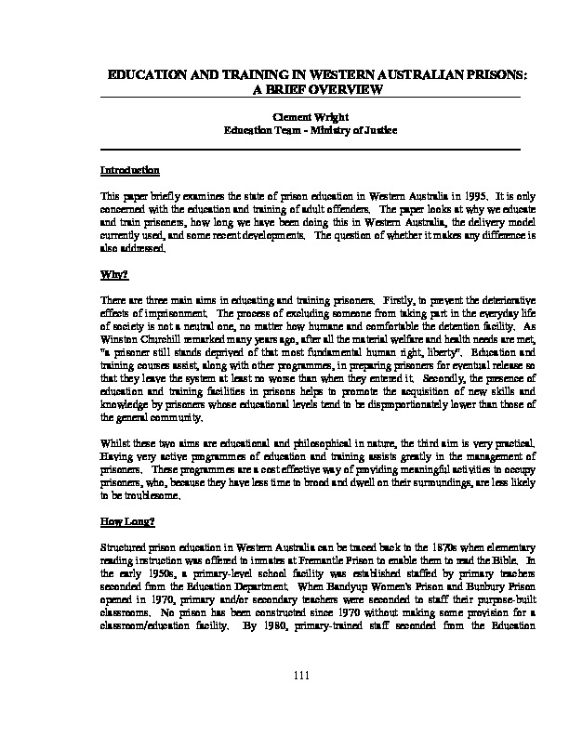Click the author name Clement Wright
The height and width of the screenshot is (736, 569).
pos(309,118)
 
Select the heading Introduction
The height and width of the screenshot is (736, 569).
pos(129,171)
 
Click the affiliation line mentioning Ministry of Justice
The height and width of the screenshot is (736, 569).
pos(309,131)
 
